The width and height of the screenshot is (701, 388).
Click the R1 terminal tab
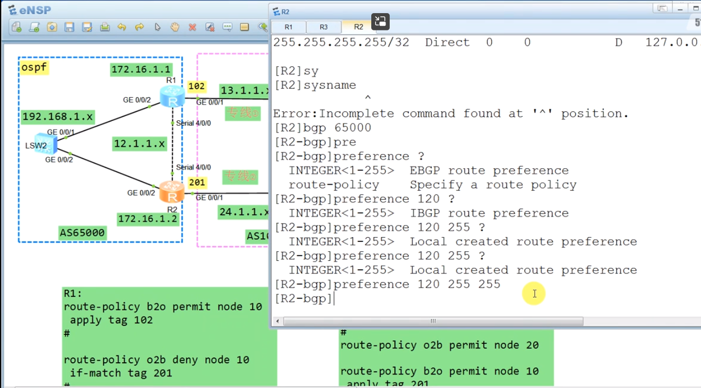click(x=288, y=27)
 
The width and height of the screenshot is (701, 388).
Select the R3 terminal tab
click(x=323, y=27)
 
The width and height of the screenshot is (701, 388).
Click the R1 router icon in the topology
click(x=172, y=96)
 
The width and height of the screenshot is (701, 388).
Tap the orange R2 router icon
click(x=171, y=192)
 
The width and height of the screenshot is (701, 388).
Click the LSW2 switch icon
click(x=46, y=144)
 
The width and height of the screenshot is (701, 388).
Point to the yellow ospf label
click(x=34, y=67)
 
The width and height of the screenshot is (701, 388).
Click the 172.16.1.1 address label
click(x=141, y=69)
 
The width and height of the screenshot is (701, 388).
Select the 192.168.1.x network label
click(x=57, y=117)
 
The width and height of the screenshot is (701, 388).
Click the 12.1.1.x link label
click(x=139, y=143)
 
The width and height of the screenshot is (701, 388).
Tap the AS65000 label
click(x=82, y=232)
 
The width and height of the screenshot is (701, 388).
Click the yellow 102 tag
click(x=196, y=86)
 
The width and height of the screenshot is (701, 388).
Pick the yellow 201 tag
click(x=197, y=182)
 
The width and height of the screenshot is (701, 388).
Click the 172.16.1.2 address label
click(x=148, y=219)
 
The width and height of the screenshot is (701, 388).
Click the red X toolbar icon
click(x=192, y=27)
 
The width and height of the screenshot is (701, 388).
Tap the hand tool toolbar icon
click(x=175, y=27)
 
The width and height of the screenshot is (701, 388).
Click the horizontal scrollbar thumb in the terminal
click(x=433, y=321)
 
